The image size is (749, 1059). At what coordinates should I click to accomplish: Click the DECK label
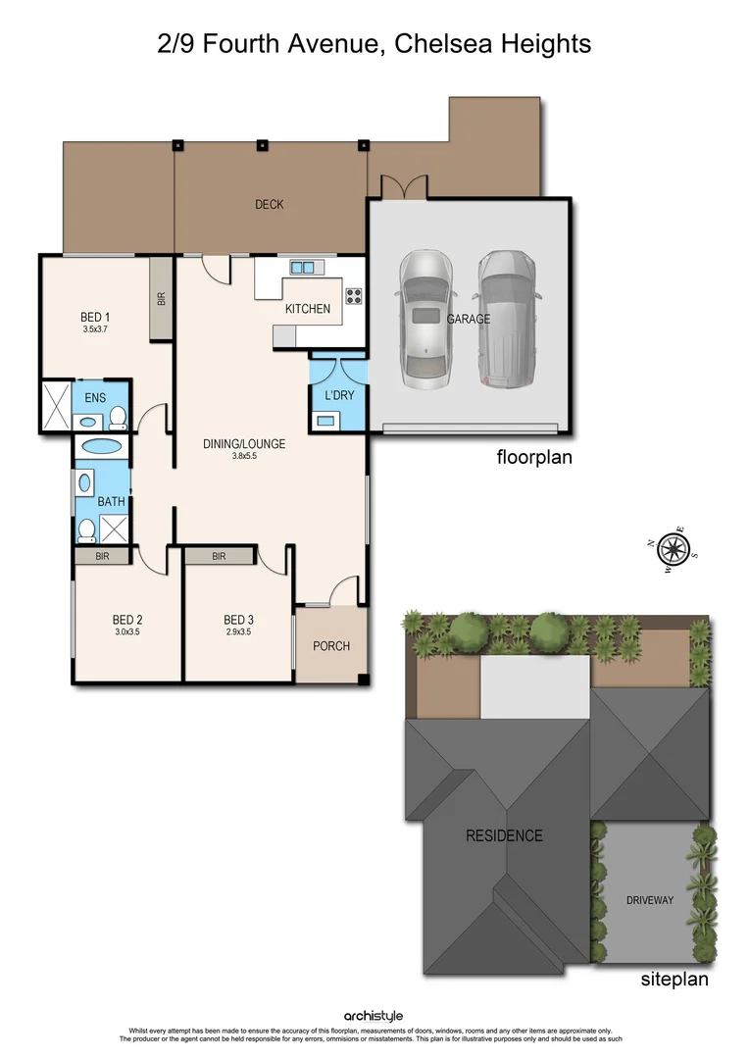tap(270, 204)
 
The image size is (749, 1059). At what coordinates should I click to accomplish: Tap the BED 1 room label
tap(95, 317)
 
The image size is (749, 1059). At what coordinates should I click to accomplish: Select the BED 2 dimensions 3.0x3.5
tap(127, 632)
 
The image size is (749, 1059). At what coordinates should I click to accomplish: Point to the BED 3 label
tap(238, 620)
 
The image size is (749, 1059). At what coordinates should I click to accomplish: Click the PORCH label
tap(331, 646)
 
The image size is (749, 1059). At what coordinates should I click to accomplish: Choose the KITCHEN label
tap(308, 309)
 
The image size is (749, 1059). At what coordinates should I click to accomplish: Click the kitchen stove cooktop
tap(353, 293)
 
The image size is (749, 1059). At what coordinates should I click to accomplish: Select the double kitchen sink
tap(303, 267)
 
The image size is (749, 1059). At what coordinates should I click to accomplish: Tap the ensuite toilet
tap(118, 419)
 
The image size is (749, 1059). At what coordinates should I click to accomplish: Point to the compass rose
tap(674, 547)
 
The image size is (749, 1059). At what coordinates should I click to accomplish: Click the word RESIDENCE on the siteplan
tap(504, 836)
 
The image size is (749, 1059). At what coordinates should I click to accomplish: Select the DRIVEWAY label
tap(650, 900)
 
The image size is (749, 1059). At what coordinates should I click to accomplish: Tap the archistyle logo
tap(374, 1017)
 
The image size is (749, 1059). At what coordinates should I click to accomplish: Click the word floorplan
tap(535, 457)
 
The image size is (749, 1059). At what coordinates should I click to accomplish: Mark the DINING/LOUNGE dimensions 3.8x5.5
tap(244, 456)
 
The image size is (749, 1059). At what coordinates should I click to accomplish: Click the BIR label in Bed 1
tap(162, 299)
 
